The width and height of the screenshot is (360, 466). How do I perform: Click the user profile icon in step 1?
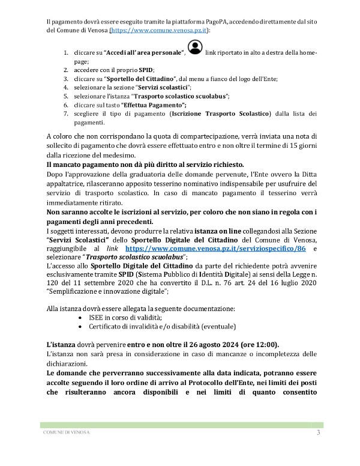coord(194,47)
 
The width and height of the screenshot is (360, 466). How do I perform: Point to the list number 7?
coord(67,113)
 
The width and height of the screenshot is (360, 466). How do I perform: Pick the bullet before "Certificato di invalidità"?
coord(81,326)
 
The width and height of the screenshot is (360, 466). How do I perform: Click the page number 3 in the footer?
coord(318,433)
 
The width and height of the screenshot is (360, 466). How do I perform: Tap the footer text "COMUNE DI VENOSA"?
coord(66,434)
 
